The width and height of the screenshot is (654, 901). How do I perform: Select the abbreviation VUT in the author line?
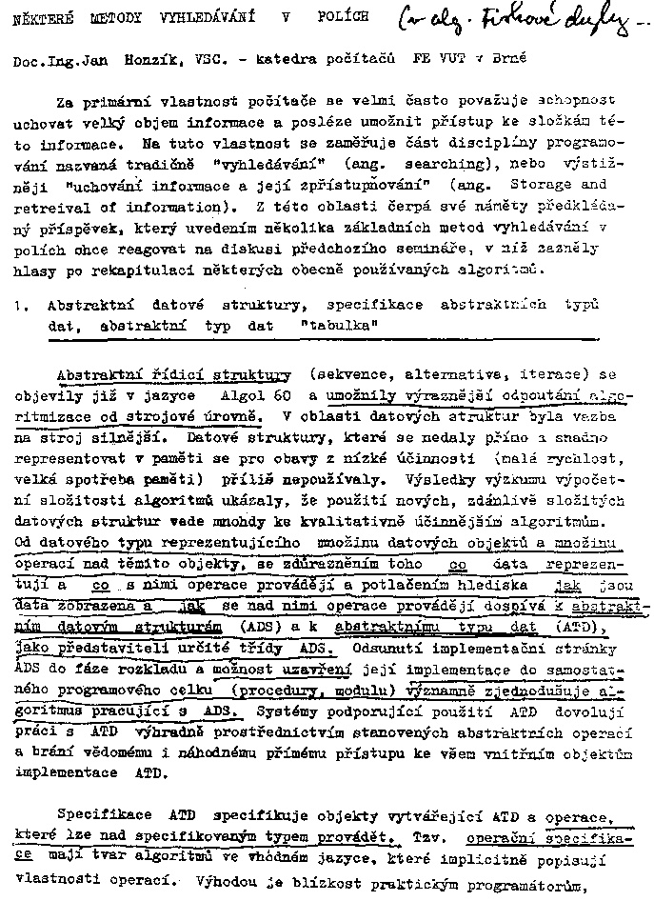[451, 58]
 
